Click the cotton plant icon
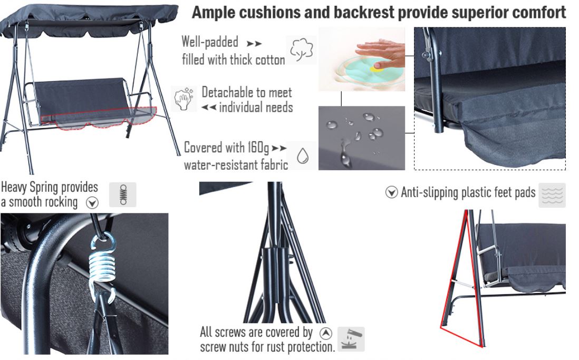pos(302,50)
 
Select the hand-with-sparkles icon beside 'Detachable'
pos(184,99)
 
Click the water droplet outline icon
pos(303,156)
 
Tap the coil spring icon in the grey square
pos(123,194)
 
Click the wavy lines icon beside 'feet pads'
pos(552,194)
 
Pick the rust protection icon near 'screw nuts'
pos(351,339)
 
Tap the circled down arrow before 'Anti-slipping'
pos(392,192)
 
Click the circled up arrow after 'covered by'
pos(326,333)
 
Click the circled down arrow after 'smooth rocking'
pos(92,203)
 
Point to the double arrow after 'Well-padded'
pos(254,43)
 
